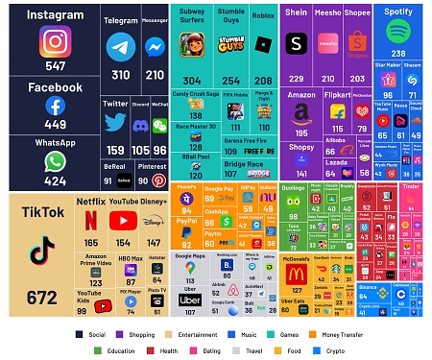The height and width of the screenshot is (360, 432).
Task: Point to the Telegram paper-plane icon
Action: point(120,48)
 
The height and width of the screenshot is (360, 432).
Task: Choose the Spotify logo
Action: point(398,32)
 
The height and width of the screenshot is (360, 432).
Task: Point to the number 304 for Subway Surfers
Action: point(192,81)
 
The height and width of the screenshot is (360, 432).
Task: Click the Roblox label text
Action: point(263,16)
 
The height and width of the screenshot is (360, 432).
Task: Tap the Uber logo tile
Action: point(189,300)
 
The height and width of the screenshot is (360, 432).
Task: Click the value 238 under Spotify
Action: point(397,54)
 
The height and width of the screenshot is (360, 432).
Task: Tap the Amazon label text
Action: point(300,96)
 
